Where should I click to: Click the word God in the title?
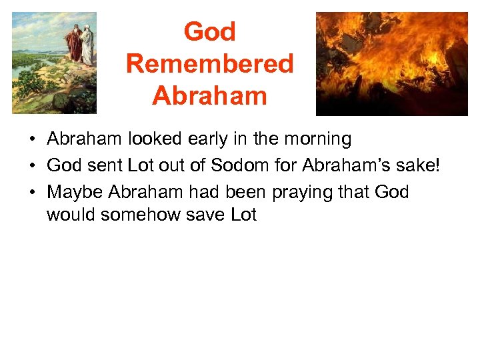209,32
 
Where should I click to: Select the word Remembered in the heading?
209,64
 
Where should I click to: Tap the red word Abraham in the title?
209,96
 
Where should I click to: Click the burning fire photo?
391,63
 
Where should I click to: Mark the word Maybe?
75,193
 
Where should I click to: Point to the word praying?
296,193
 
